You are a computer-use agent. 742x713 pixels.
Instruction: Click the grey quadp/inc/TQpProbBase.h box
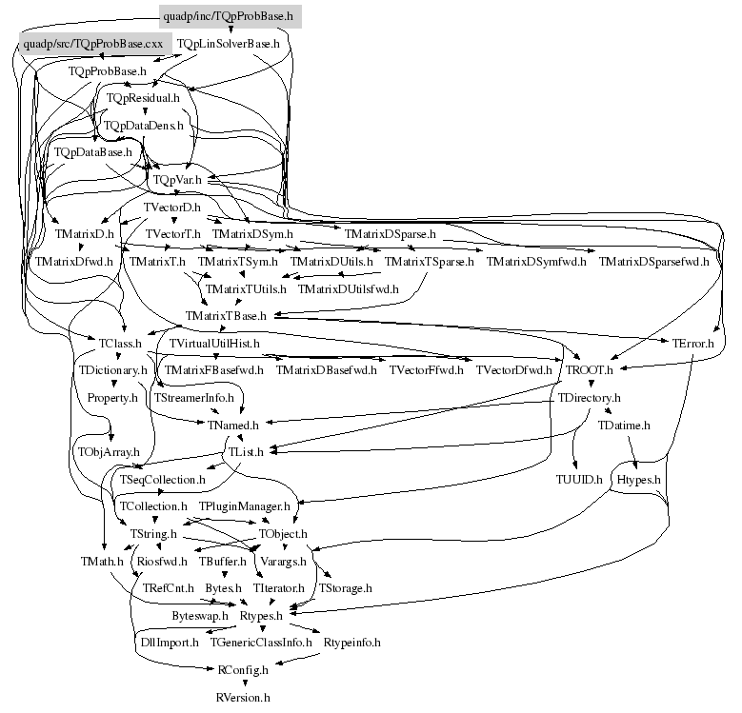pos(230,16)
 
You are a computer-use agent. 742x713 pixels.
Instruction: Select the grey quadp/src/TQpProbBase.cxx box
pos(94,44)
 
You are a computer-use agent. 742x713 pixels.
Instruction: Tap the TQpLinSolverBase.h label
pos(229,44)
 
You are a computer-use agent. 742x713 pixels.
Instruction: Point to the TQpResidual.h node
pos(143,98)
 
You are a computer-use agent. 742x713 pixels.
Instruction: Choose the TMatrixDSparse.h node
pos(391,233)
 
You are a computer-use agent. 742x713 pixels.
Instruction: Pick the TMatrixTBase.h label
pos(226,315)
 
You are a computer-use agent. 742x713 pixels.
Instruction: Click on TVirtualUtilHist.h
pos(214,343)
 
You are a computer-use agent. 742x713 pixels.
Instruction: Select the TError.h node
pos(692,343)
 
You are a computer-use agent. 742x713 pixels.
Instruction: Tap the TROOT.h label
pos(591,369)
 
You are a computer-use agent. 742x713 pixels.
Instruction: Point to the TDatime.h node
pos(624,425)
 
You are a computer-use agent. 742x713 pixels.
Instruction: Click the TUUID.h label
pos(579,479)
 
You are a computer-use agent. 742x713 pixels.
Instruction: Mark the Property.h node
pos(112,397)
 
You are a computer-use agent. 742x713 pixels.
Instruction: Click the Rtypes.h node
pos(261,616)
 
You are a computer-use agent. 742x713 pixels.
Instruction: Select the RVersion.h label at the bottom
pos(243,697)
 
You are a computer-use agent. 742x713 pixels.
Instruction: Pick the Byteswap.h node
pos(200,616)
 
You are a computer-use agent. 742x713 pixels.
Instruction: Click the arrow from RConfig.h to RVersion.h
pos(242,683)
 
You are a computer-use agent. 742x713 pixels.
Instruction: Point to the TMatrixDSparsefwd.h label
pos(653,261)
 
